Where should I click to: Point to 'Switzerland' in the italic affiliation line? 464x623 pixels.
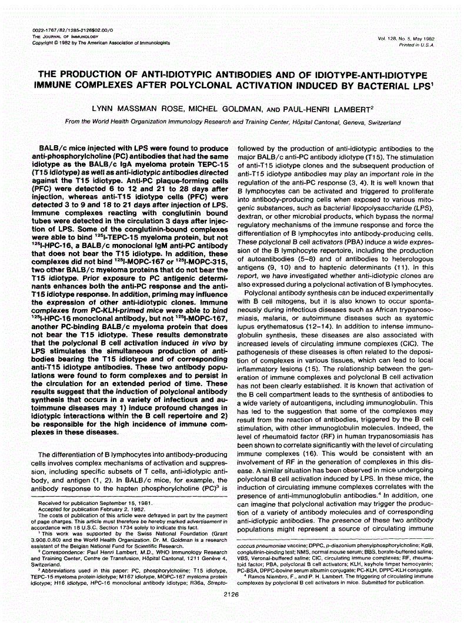click(382, 123)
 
